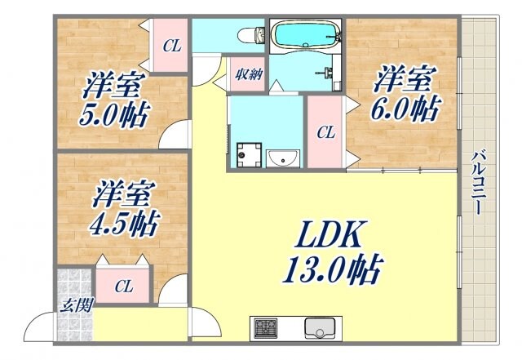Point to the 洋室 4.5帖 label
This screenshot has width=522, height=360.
[x=123, y=208]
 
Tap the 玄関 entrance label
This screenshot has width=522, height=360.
[x=76, y=306]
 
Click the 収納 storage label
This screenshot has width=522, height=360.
[x=250, y=75]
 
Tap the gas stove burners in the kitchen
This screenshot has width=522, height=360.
[x=265, y=329]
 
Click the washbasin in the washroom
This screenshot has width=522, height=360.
[x=282, y=157]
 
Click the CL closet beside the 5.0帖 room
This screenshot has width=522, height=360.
[x=170, y=47]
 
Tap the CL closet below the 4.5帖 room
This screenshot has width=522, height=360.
[x=123, y=286]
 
